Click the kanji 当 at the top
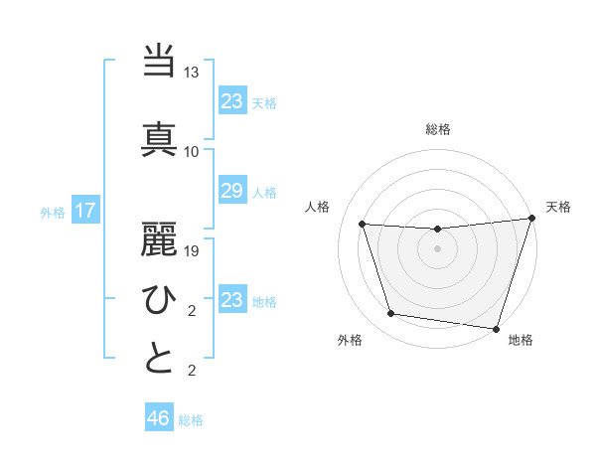click(x=159, y=63)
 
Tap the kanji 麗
click(x=159, y=237)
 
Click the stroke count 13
click(x=192, y=74)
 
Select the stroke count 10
click(x=192, y=151)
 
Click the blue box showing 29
click(x=232, y=192)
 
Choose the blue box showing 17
click(x=84, y=211)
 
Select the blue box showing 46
click(x=159, y=418)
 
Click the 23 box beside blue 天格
click(x=232, y=100)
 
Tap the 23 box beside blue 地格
click(x=232, y=300)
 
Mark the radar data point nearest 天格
click(x=531, y=219)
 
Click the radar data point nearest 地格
click(x=496, y=328)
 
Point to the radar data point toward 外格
click(x=391, y=314)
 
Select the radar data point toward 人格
click(x=363, y=225)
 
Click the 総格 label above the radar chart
click(x=438, y=129)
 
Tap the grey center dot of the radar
click(x=437, y=249)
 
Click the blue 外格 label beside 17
click(x=52, y=212)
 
